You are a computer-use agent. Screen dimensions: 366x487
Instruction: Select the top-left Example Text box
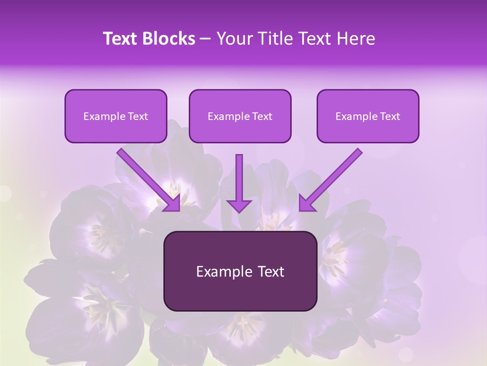tap(116, 116)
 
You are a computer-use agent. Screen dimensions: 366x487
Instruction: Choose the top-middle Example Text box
tap(240, 116)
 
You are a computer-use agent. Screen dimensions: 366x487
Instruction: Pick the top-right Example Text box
tap(368, 116)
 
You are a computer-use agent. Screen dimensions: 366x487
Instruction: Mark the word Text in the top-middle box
tap(262, 116)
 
